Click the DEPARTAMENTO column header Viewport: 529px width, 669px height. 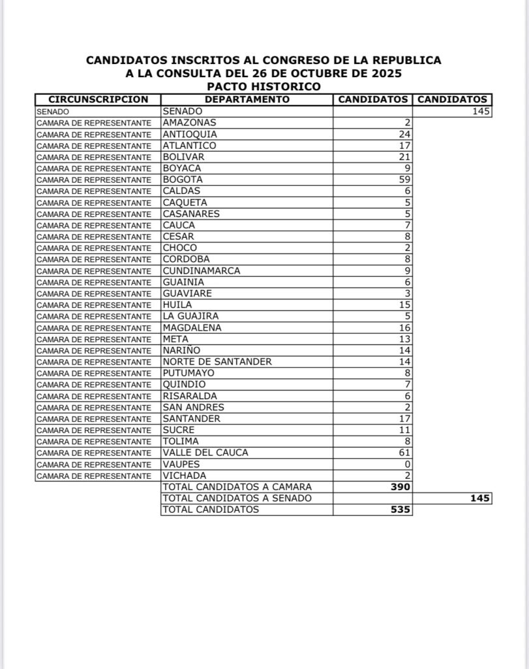click(x=247, y=99)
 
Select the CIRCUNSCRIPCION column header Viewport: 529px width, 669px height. click(x=98, y=99)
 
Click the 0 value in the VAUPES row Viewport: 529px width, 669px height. click(x=406, y=464)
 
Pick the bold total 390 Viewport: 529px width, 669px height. click(x=399, y=487)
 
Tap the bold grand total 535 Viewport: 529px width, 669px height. click(x=399, y=510)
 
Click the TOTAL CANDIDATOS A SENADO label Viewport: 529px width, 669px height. click(x=237, y=498)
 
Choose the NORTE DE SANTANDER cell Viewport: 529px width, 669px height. click(x=217, y=361)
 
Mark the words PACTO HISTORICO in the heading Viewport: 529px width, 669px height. click(x=264, y=86)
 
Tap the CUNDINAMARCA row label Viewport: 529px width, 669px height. click(x=202, y=270)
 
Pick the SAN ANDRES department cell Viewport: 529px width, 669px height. click(x=194, y=407)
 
